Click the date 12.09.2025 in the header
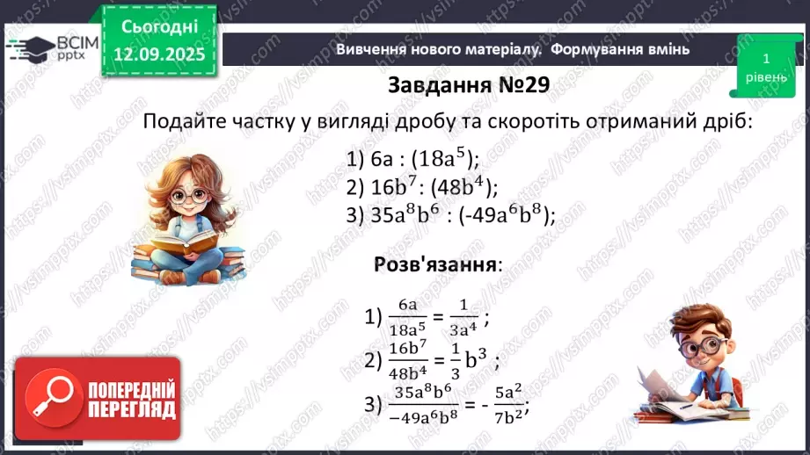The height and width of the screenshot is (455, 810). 159,54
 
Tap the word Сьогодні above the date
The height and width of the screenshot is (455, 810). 159,27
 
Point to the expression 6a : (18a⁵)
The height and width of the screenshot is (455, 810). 412,158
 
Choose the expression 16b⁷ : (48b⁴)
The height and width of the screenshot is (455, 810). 423,186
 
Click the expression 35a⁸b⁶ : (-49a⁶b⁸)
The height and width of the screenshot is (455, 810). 451,215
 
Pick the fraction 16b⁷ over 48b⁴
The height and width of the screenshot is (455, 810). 407,358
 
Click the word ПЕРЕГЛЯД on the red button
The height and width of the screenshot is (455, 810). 130,408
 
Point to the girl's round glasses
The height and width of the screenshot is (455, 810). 187,194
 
